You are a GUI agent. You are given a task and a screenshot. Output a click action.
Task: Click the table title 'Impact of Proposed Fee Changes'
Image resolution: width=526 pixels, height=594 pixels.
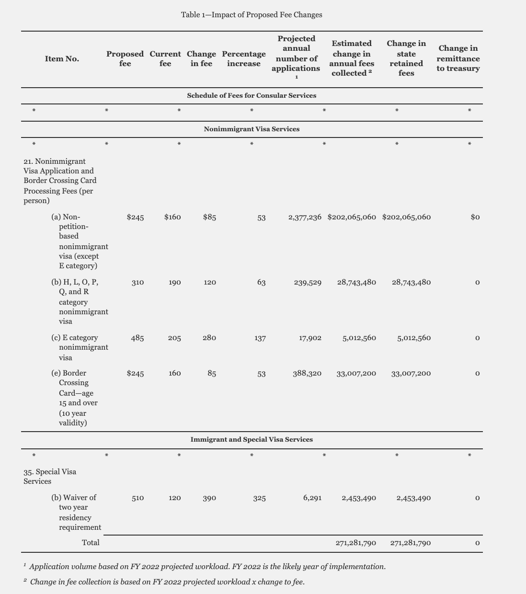(x=252, y=14)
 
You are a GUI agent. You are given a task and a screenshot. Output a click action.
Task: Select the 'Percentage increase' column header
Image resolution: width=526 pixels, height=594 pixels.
(x=243, y=59)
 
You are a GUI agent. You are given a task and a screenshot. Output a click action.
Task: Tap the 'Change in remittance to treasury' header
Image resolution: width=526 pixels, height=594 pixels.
(x=458, y=58)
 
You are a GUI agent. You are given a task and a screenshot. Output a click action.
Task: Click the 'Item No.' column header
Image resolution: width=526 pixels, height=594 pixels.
(x=62, y=59)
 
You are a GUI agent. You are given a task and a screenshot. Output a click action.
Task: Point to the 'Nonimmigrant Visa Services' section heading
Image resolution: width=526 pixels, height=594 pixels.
(x=252, y=129)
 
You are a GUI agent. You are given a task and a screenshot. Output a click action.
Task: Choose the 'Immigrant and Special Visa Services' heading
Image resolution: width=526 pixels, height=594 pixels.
(x=252, y=439)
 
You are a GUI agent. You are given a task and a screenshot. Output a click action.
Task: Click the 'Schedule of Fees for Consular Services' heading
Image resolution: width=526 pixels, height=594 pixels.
(x=252, y=95)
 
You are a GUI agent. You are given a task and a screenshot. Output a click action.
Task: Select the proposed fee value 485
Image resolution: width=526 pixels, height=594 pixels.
(x=137, y=338)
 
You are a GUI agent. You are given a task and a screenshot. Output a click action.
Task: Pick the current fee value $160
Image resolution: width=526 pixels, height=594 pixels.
(x=172, y=217)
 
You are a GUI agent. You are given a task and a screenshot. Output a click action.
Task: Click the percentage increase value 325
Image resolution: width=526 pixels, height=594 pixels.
(x=259, y=498)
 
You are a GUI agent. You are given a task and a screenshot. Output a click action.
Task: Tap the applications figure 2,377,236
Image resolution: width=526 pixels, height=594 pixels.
(x=305, y=217)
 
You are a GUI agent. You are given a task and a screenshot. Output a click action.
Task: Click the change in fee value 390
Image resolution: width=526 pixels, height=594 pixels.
(x=209, y=498)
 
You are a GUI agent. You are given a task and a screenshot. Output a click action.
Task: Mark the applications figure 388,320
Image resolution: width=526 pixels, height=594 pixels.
(x=307, y=373)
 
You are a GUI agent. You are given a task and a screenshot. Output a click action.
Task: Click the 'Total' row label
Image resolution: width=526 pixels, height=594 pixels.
(x=91, y=543)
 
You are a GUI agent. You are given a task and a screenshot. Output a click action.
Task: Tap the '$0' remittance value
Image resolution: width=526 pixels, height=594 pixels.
(x=475, y=217)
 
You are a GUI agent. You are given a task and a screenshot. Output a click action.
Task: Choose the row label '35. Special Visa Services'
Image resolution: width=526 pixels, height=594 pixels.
(x=50, y=476)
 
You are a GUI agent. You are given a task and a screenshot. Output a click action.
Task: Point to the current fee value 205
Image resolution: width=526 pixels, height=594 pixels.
(x=174, y=338)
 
